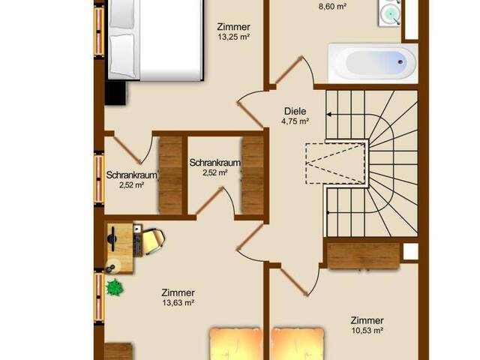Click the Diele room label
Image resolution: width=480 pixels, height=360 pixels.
[x=295, y=111]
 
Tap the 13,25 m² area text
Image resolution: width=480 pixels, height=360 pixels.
[x=233, y=37]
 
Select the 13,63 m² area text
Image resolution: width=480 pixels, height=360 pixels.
[x=178, y=303]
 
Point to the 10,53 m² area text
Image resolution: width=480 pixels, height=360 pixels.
[x=367, y=331]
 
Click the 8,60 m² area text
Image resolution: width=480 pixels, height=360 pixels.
[x=332, y=7]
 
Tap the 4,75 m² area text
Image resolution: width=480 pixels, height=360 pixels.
[x=295, y=121]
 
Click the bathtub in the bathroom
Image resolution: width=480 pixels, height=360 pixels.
[x=372, y=63]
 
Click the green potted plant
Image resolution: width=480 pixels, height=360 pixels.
[x=115, y=287]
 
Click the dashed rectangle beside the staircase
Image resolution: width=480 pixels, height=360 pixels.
[x=335, y=163]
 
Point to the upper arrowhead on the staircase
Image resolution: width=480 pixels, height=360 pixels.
[x=329, y=115]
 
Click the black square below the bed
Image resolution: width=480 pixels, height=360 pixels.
[x=115, y=93]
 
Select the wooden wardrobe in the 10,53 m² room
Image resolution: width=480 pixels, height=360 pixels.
[x=364, y=256]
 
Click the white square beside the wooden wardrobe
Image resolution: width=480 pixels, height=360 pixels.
[x=411, y=252]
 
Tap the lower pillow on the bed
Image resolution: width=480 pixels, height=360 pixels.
[x=122, y=55]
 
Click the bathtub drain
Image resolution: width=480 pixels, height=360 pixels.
[x=400, y=62]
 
